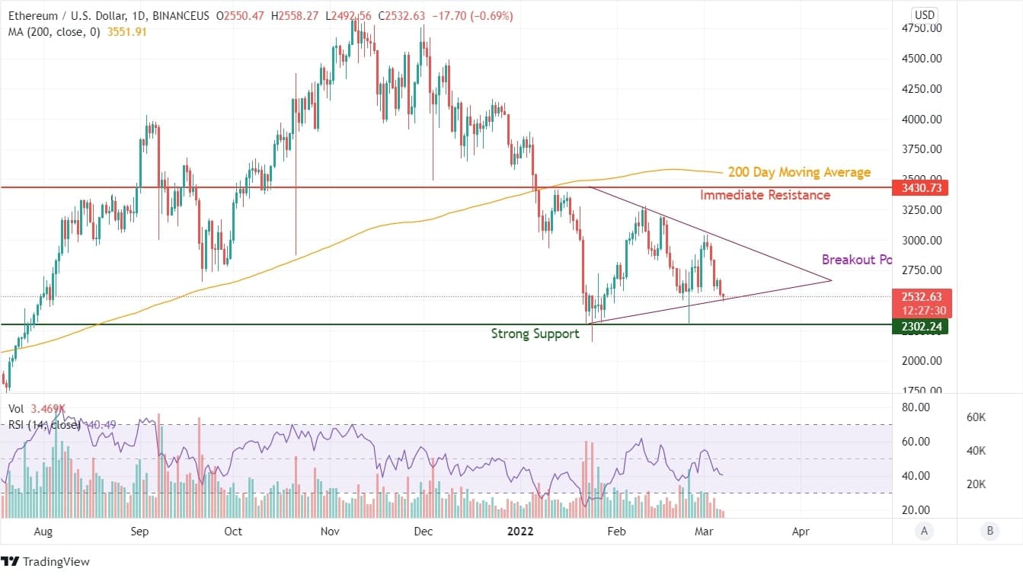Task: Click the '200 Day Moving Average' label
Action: [798, 173]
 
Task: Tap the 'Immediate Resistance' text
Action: [765, 196]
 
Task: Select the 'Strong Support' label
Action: [535, 334]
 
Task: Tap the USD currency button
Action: [924, 15]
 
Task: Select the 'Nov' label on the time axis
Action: [329, 531]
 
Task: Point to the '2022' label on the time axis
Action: [522, 531]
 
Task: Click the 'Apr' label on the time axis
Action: [800, 531]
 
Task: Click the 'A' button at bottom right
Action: [924, 531]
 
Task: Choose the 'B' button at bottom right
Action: [989, 531]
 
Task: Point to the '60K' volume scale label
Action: [977, 417]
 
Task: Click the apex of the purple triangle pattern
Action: [830, 281]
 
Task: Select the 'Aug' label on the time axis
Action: [43, 531]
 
